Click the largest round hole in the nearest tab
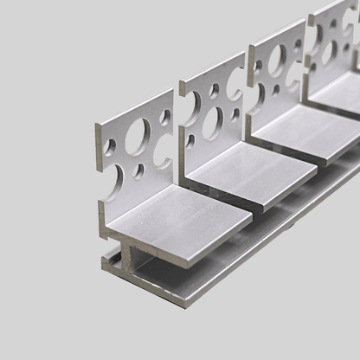click(135, 138)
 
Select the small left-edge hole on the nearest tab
click(109, 146)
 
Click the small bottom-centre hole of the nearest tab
click(138, 171)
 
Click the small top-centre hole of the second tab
click(214, 90)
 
